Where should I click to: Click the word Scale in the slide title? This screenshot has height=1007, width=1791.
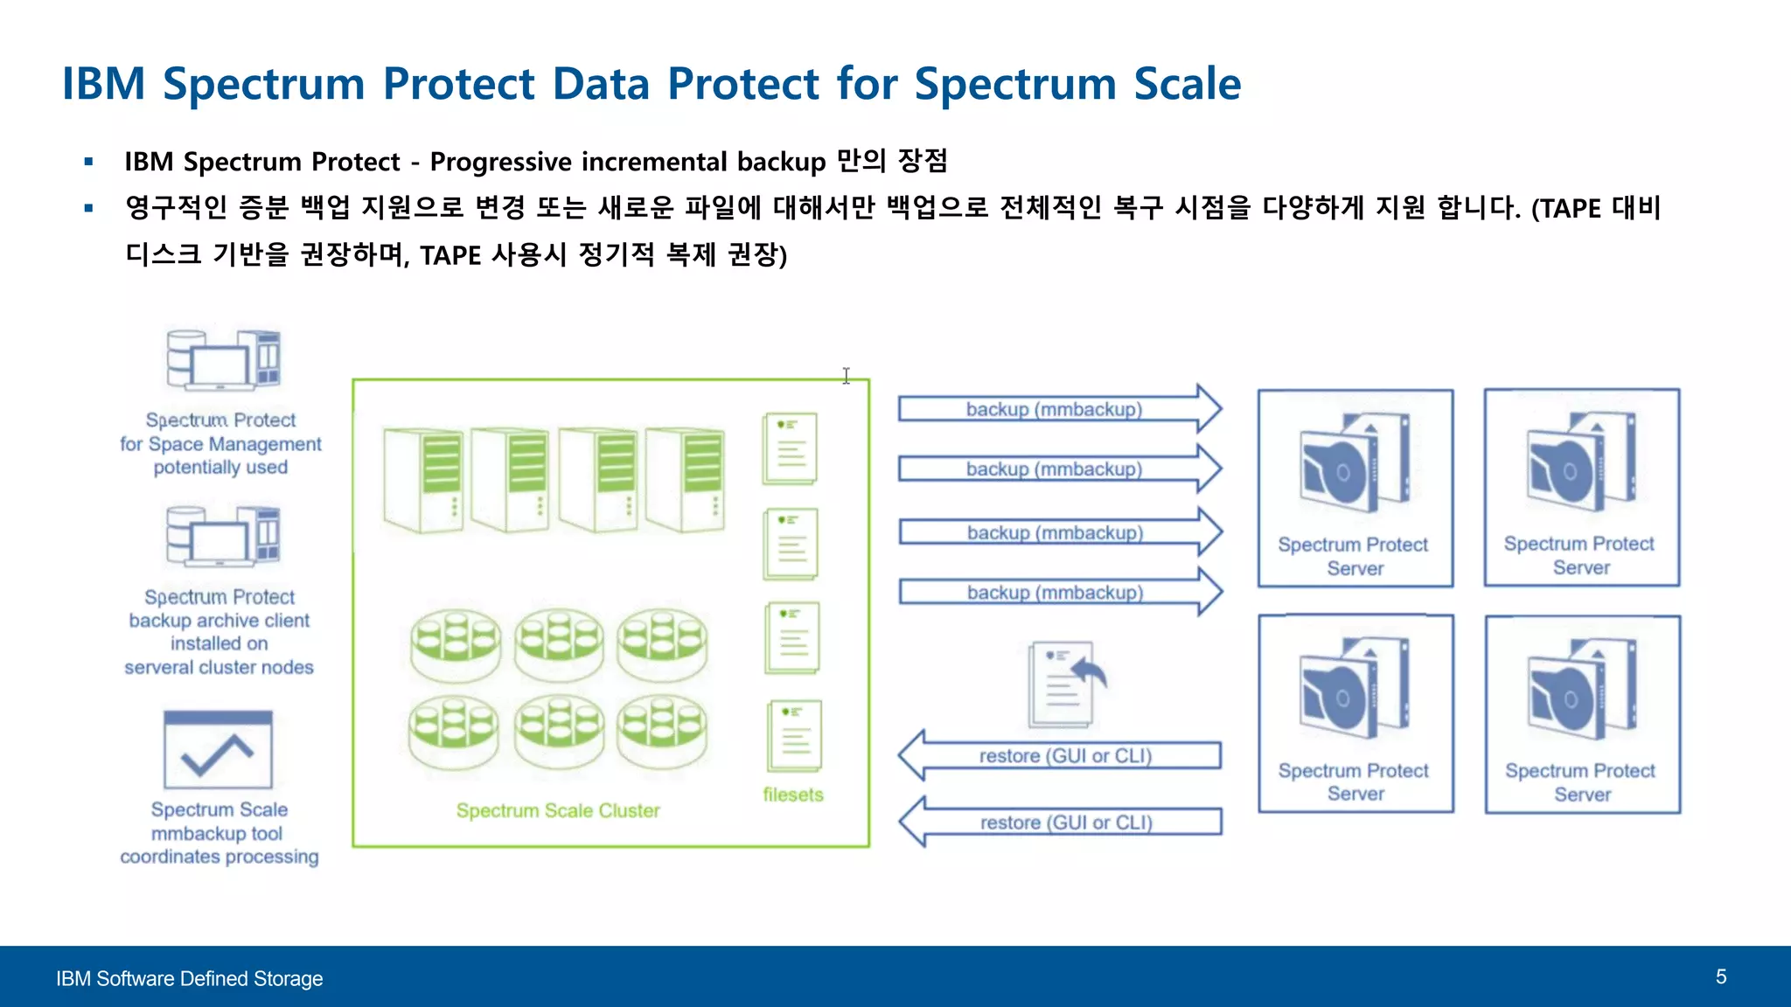[x=1187, y=84]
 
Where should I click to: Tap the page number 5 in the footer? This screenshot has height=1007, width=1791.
[x=1720, y=976]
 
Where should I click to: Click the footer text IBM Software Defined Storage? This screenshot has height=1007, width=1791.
[x=189, y=978]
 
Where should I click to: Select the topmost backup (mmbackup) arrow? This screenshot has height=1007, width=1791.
[x=1057, y=408]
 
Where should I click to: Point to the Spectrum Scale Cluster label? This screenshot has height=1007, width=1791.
[x=558, y=810]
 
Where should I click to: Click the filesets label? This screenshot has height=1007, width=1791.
[x=792, y=795]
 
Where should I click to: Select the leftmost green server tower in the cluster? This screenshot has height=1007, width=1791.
[x=422, y=480]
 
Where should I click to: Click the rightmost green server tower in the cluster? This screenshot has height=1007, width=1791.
[x=685, y=480]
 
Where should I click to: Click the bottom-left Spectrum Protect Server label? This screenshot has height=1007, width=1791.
[x=1354, y=781]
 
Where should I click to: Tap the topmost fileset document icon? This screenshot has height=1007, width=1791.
[x=791, y=448]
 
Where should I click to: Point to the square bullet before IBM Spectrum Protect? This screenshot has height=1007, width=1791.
[x=88, y=162]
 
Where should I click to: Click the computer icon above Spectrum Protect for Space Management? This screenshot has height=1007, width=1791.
[x=223, y=360]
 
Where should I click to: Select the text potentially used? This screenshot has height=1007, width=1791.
[x=220, y=467]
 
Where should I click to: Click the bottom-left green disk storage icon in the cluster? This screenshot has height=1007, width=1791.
[x=454, y=730]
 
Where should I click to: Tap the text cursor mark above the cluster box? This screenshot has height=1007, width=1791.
[x=846, y=375]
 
